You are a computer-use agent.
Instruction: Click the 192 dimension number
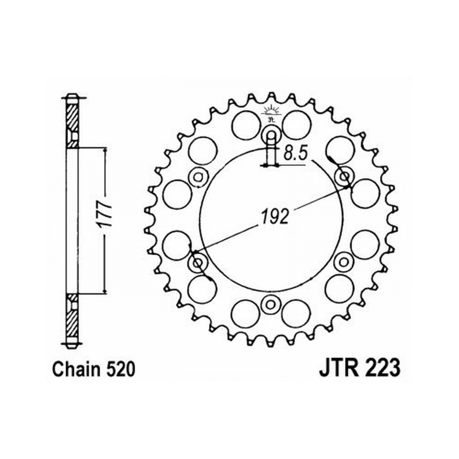274,217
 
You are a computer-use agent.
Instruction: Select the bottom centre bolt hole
270,304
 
